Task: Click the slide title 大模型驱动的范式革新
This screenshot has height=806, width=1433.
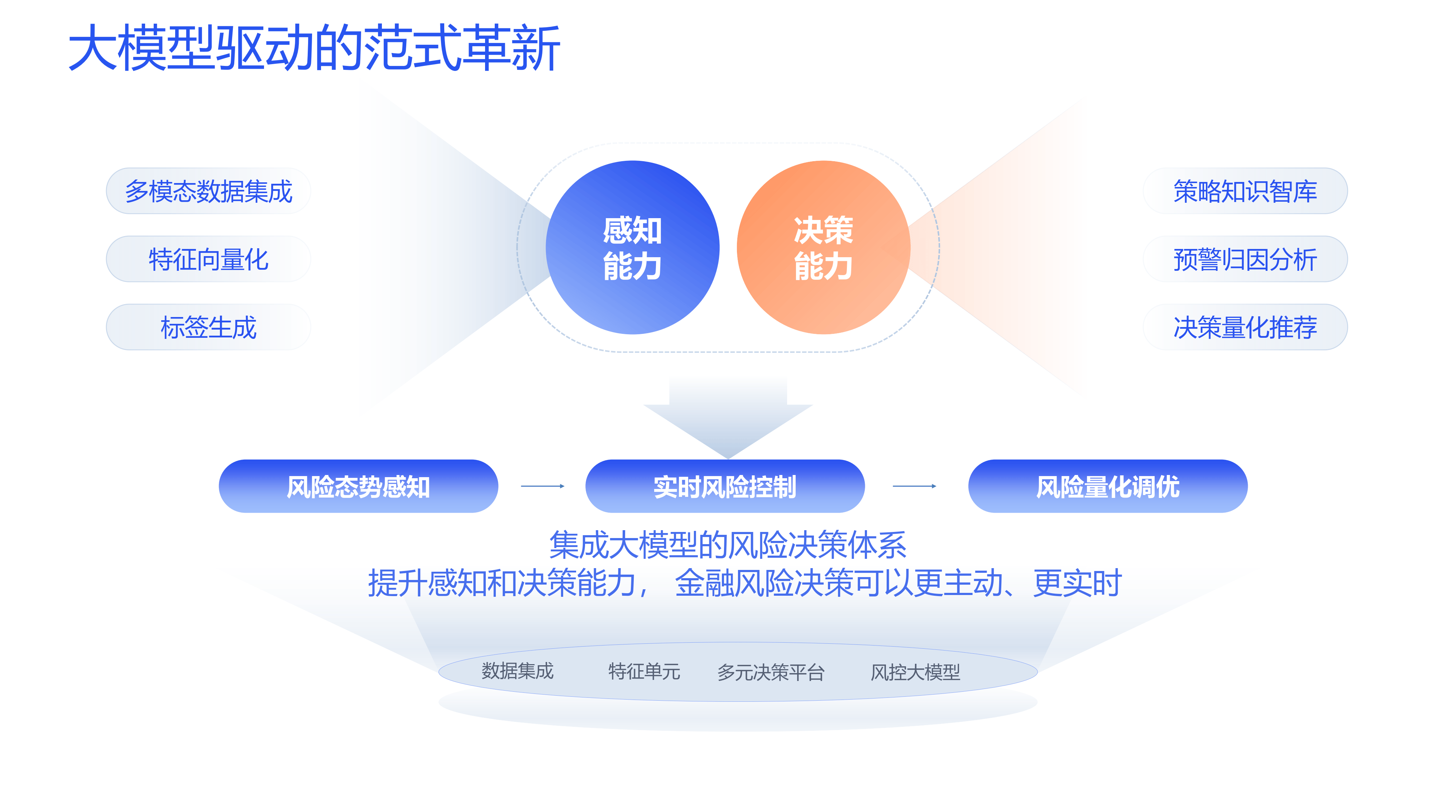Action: click(314, 48)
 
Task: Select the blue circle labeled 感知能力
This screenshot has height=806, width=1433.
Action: click(633, 248)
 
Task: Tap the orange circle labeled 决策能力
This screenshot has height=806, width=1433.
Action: click(823, 248)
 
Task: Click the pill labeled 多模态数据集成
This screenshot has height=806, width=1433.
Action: click(208, 191)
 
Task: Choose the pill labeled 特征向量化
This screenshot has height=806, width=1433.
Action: click(208, 259)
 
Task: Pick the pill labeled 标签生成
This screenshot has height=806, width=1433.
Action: click(208, 327)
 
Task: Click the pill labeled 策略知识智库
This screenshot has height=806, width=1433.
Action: click(1245, 191)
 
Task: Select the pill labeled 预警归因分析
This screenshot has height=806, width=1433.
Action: click(1245, 259)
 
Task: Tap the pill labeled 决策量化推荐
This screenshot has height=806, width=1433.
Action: click(1245, 327)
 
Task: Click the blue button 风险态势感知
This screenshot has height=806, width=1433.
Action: click(358, 486)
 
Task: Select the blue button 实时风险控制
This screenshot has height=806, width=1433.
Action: click(725, 486)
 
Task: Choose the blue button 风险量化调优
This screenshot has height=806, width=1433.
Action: click(1108, 486)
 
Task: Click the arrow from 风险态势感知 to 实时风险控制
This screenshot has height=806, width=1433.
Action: click(542, 486)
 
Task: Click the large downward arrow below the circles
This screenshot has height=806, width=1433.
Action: click(728, 417)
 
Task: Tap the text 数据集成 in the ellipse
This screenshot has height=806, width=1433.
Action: click(517, 671)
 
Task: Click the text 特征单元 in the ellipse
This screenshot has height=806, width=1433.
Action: click(644, 671)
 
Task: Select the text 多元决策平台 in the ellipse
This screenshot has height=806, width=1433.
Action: click(771, 672)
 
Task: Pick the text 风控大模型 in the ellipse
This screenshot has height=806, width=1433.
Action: click(915, 672)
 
